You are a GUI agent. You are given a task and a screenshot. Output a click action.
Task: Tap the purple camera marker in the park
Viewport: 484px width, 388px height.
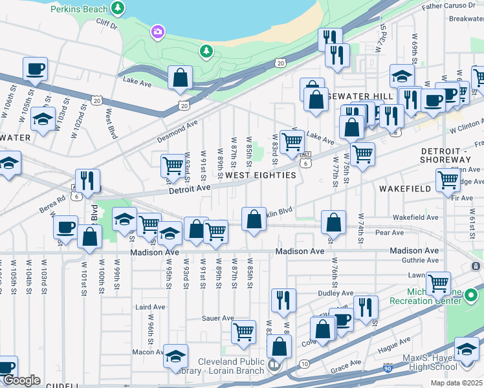(157, 32)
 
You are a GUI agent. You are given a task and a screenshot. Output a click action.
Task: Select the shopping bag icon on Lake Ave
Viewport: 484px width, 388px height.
(181, 78)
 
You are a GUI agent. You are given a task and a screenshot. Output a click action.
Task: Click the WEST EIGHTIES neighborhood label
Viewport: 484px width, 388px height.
(260, 175)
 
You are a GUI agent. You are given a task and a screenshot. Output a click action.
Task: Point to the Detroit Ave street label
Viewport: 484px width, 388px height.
(190, 188)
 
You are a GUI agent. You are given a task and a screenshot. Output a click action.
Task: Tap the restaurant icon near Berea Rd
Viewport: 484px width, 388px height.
(87, 181)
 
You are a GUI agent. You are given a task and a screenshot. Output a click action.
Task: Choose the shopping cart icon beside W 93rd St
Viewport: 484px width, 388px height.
(173, 166)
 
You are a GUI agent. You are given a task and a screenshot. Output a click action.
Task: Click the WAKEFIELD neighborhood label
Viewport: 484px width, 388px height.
(406, 189)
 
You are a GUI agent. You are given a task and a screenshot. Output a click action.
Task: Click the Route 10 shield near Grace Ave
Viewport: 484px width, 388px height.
(304, 365)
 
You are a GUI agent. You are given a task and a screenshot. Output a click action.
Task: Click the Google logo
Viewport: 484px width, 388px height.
(21, 380)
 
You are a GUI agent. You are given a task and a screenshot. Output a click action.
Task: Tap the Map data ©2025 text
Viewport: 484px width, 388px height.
(457, 383)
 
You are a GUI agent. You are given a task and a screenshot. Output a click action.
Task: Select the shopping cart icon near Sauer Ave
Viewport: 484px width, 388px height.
(243, 332)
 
